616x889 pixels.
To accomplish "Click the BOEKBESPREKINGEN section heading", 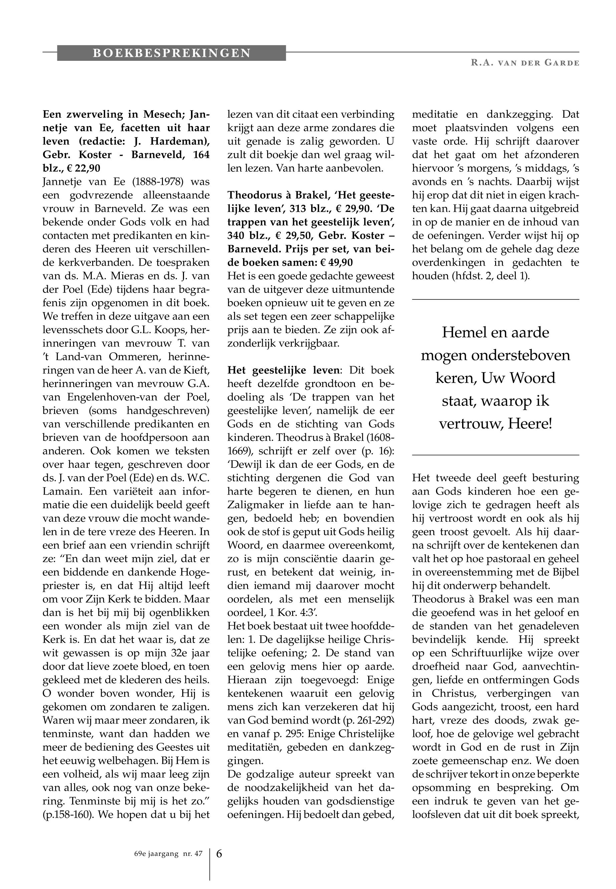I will pyautogui.click(x=172, y=53).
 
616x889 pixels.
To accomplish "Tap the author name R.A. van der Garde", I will pyautogui.click(x=525, y=63).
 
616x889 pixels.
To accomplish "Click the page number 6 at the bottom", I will pyautogui.click(x=219, y=854).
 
